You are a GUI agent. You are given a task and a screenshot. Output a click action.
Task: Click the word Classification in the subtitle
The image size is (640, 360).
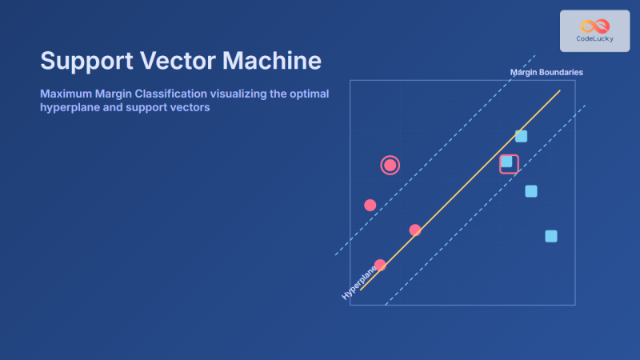tap(170, 94)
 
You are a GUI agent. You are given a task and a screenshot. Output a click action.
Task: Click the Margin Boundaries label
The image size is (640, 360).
tap(546, 72)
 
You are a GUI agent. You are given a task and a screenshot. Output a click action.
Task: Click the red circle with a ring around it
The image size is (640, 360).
tap(390, 166)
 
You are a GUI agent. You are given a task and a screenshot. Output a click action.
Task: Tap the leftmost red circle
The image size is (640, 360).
tap(370, 205)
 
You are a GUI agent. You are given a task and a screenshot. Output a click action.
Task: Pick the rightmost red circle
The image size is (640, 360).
tap(415, 230)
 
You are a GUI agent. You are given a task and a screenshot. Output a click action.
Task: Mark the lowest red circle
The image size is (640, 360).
tap(380, 265)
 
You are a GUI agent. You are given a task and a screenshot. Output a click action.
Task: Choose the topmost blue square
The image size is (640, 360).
tap(521, 136)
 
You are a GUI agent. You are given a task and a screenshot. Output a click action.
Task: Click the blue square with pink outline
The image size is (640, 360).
tap(507, 162)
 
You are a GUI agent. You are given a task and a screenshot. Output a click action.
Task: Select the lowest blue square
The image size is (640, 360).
tap(550, 236)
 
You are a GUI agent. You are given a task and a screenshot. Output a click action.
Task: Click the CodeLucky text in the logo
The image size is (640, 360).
tap(594, 38)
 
